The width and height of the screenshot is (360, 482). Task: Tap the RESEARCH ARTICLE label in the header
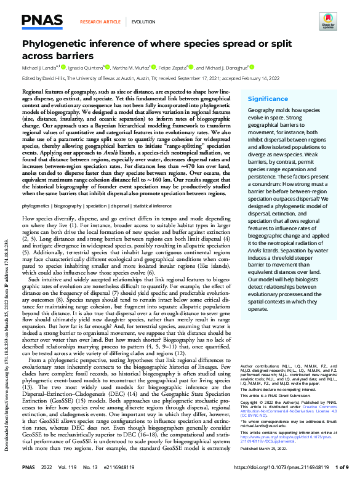point(100,22)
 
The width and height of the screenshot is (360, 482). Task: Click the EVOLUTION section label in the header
point(143,22)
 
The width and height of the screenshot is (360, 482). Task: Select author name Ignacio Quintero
point(86,67)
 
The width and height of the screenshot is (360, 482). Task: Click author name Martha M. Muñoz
point(134,67)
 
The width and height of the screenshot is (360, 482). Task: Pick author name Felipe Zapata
point(177,67)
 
